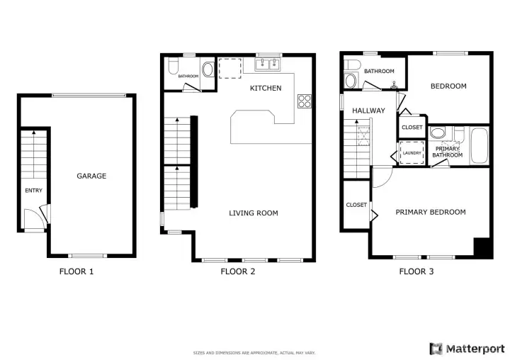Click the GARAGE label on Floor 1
91,176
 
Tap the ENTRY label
34,191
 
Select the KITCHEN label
266,88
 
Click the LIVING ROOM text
254,213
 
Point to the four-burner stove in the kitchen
305,101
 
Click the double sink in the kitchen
268,64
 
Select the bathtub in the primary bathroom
480,145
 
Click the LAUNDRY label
412,153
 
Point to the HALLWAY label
368,111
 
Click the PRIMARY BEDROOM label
431,212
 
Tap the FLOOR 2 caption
238,271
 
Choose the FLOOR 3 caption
416,271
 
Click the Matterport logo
467,349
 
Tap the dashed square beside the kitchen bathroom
230,68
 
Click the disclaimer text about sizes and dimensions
254,353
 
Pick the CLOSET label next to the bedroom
412,128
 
